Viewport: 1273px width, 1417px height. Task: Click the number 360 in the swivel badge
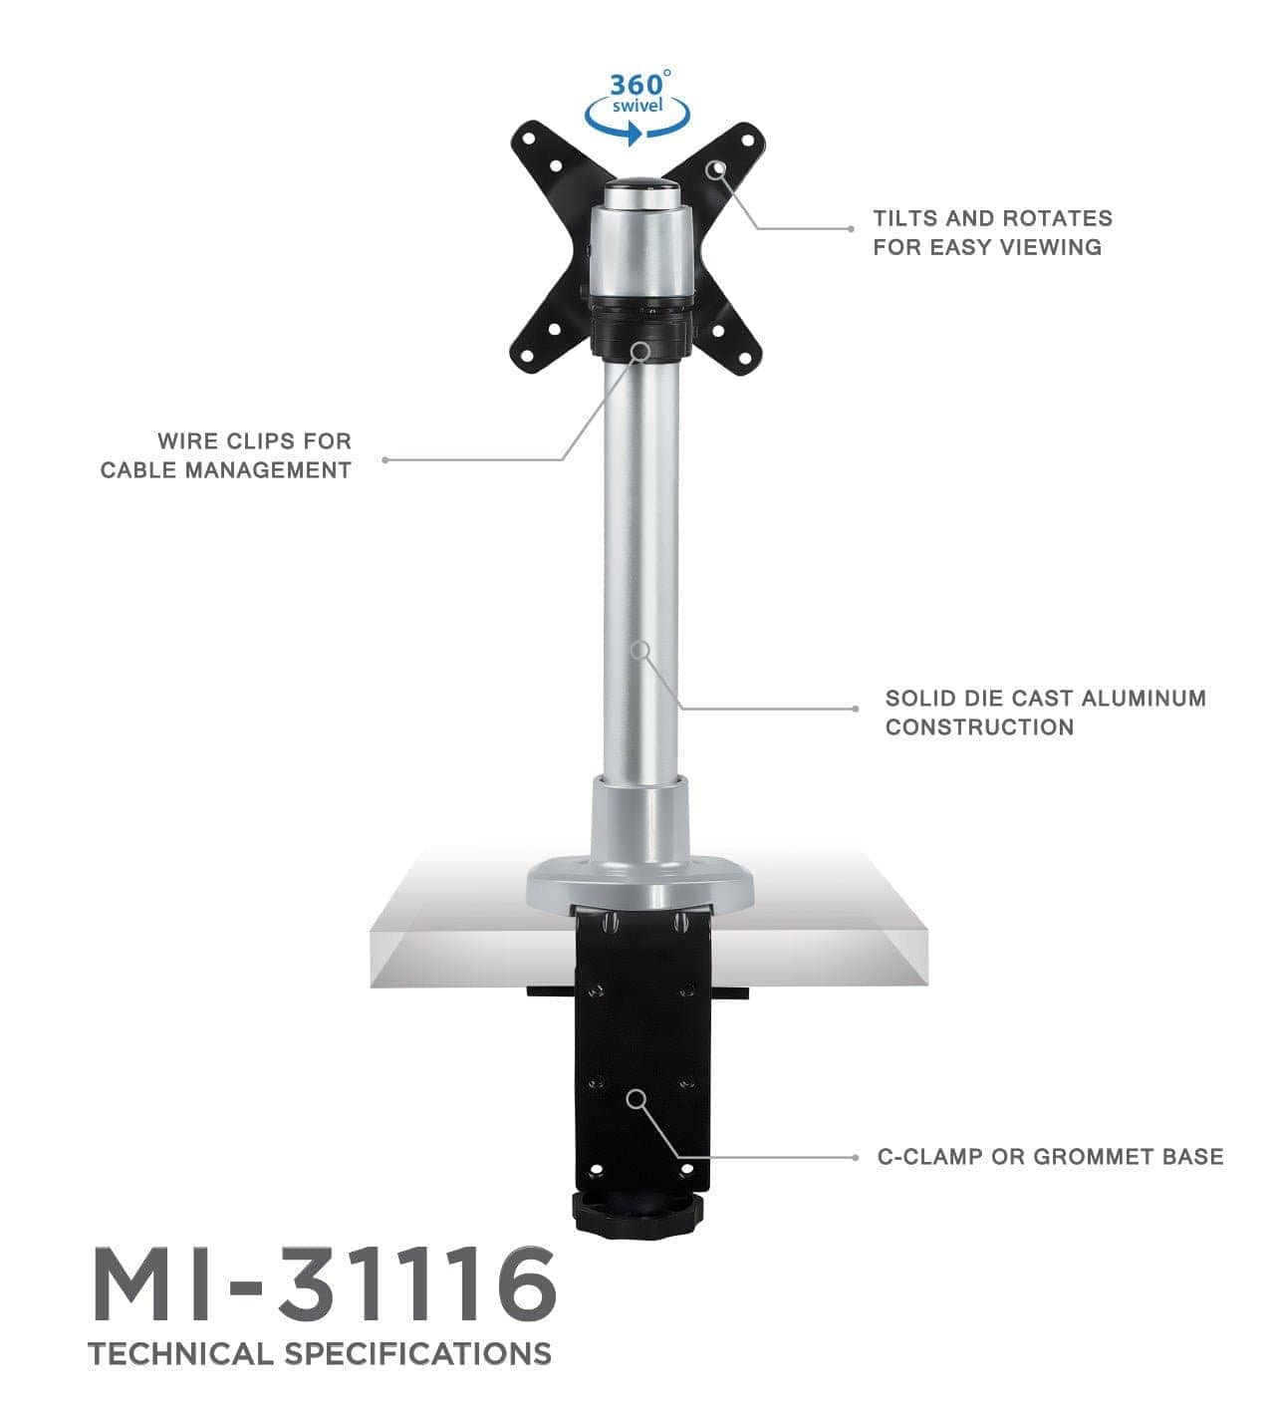[x=634, y=84]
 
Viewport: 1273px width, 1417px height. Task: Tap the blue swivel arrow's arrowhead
[x=635, y=136]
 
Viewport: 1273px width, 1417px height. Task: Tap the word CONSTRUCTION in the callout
[x=979, y=727]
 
